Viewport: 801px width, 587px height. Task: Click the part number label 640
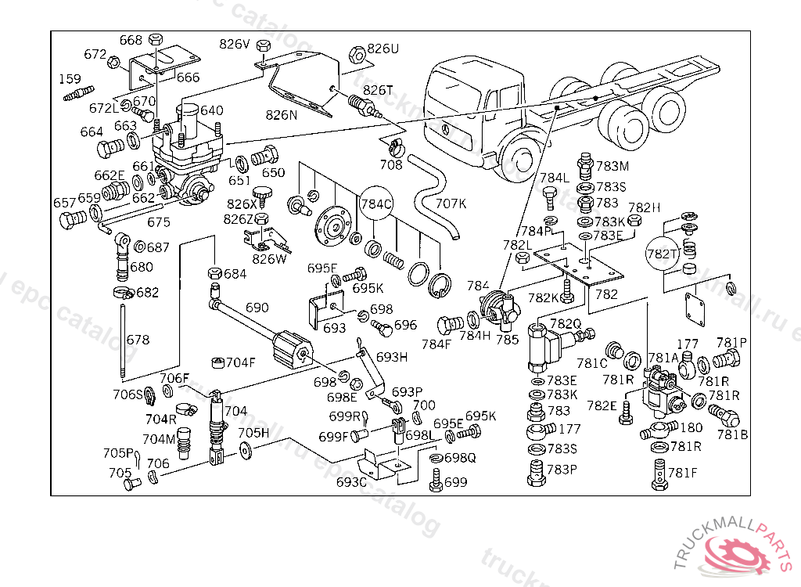[x=211, y=111]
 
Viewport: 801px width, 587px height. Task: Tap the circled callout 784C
[x=375, y=205]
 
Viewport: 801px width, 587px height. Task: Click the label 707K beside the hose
[x=451, y=203]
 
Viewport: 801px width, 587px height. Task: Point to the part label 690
[x=257, y=308]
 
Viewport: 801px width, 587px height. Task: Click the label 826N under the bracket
[x=282, y=115]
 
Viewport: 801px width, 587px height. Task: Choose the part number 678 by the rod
[x=138, y=340]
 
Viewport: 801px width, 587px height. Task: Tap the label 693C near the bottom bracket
[x=351, y=482]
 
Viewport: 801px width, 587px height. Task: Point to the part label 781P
[x=731, y=343]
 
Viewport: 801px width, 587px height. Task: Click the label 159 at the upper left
[x=70, y=79]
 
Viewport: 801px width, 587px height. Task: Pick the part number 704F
[x=240, y=362]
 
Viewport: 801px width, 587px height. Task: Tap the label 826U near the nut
[x=383, y=49]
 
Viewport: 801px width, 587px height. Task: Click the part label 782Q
[x=565, y=323]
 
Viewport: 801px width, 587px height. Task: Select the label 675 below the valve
[x=159, y=222]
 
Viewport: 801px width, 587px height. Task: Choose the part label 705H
[x=253, y=433]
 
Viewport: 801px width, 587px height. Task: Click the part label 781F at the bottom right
[x=682, y=473]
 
